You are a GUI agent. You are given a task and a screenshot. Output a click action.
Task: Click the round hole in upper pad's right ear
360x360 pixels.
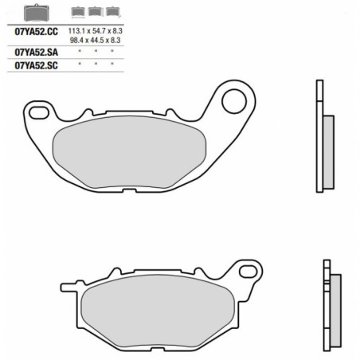tap(234, 100)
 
